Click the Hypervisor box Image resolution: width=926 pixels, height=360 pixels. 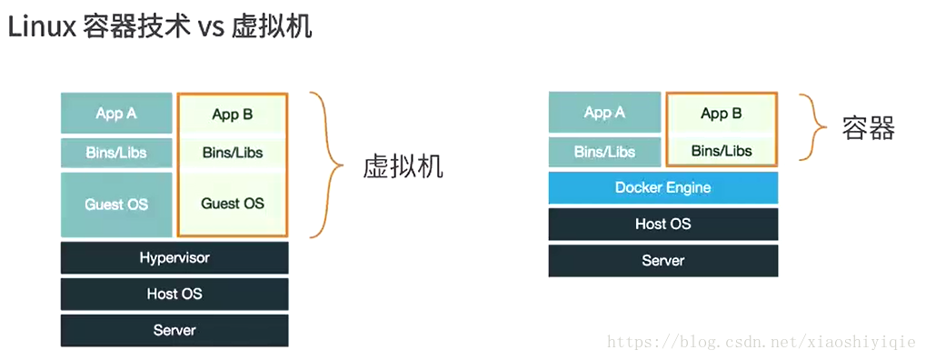174,258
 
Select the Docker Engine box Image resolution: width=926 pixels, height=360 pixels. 662,188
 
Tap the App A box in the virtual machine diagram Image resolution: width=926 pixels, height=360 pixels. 116,114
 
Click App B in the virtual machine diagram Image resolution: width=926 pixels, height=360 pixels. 233,115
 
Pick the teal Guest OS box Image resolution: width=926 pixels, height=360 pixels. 116,205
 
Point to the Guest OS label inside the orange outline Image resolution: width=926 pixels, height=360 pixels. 233,204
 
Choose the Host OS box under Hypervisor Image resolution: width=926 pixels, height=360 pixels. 174,294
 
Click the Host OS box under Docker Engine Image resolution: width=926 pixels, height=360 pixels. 662,224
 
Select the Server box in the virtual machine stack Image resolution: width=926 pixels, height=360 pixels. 174,330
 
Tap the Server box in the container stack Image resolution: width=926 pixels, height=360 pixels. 662,260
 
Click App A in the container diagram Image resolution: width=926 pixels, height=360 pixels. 604,113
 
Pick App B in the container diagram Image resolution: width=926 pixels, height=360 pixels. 722,114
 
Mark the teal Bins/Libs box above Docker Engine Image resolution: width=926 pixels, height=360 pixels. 604,152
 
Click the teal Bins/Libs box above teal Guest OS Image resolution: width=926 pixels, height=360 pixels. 116,153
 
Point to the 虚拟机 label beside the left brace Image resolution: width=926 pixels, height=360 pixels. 403,166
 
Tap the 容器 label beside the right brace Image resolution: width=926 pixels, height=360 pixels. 868,128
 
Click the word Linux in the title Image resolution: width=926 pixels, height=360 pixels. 41,26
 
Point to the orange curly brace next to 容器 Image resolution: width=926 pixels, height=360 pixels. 813,126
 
